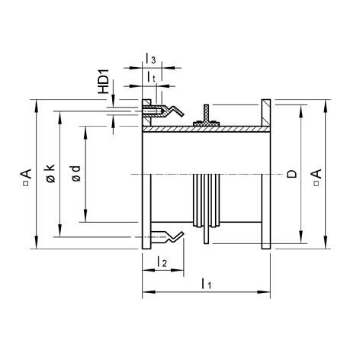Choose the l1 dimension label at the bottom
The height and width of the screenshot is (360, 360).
(205, 284)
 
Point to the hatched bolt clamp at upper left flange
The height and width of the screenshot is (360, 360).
(153, 111)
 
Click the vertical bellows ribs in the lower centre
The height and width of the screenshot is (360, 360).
(207, 203)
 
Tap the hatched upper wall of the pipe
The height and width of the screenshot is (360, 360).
(206, 130)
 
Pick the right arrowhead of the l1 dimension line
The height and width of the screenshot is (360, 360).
(267, 292)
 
